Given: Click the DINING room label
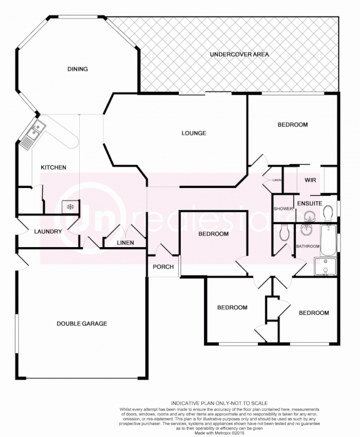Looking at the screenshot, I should pyautogui.click(x=77, y=69).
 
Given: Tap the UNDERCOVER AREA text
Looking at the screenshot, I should pyautogui.click(x=239, y=54).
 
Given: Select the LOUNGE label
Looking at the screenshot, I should pyautogui.click(x=194, y=133).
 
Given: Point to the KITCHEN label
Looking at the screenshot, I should pyautogui.click(x=53, y=168).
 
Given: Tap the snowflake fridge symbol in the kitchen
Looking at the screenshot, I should pyautogui.click(x=70, y=207).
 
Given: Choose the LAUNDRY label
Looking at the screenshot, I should pyautogui.click(x=48, y=232).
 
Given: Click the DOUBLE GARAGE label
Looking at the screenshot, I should pyautogui.click(x=82, y=324).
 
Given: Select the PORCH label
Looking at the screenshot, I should pyautogui.click(x=163, y=267).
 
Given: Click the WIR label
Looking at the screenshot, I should pyautogui.click(x=310, y=180).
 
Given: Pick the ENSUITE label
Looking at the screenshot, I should pyautogui.click(x=309, y=203).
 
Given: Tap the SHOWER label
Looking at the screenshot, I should pyautogui.click(x=284, y=209).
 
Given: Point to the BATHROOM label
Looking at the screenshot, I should pyautogui.click(x=308, y=246).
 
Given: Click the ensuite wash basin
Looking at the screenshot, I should pyautogui.click(x=308, y=216).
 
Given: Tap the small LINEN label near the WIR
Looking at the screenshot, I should pyautogui.click(x=277, y=180).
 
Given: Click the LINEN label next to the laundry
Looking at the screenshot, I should pyautogui.click(x=125, y=243).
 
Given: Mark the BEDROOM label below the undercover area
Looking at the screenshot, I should pyautogui.click(x=292, y=125).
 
